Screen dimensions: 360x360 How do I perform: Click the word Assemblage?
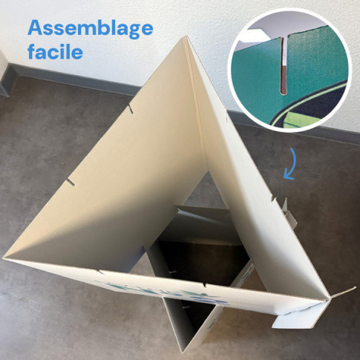(x=91, y=29)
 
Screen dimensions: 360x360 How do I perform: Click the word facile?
(x=55, y=52)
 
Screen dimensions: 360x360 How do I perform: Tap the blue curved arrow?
(x=291, y=164)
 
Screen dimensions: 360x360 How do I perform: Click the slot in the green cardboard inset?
(x=284, y=66)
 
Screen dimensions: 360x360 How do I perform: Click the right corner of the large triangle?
(x=329, y=298)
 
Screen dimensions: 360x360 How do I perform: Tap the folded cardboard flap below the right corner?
(x=297, y=318)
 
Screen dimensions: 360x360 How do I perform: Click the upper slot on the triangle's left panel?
(x=131, y=109)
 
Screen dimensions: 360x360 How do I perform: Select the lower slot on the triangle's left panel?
(x=70, y=182)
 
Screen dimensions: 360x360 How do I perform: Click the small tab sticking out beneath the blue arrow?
(x=289, y=213)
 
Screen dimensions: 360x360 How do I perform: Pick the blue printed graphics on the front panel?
(x=163, y=292)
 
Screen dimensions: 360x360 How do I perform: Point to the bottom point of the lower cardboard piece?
(x=183, y=351)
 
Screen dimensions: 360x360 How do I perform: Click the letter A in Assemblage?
(x=36, y=27)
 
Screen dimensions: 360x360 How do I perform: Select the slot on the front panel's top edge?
(x=204, y=285)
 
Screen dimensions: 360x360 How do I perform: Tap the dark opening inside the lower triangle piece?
(x=198, y=258)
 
